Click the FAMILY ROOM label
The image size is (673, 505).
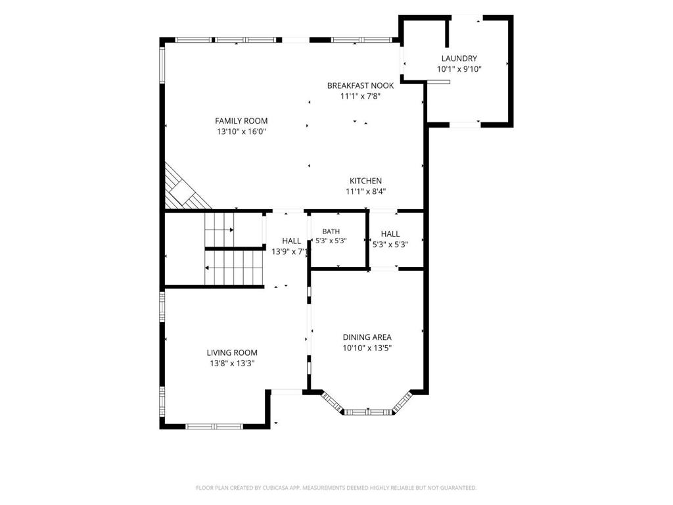241,121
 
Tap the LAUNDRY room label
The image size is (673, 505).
459,59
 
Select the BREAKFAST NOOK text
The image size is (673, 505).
361,85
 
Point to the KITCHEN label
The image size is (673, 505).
365,181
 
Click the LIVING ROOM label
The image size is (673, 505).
232,352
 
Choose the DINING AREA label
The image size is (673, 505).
367,337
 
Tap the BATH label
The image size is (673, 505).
331,231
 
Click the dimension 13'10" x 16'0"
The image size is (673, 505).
242,132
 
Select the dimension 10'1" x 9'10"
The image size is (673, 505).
459,69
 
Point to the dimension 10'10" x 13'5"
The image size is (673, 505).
367,348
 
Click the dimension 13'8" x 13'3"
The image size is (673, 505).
232,363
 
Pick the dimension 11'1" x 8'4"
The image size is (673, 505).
365,191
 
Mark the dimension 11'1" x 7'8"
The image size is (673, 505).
361,96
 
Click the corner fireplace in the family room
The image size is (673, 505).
185,189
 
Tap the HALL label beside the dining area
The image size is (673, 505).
390,233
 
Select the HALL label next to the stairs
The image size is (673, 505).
291,241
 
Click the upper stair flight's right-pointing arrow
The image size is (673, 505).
220,229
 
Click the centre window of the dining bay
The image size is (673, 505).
368,412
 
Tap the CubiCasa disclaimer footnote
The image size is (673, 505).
336,488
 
